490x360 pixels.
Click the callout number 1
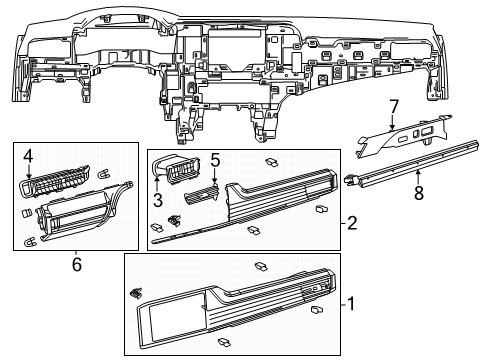pyautogui.click(x=351, y=304)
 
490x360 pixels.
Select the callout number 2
pyautogui.click(x=352, y=223)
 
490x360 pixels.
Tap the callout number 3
pyautogui.click(x=158, y=200)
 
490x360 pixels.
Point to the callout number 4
pyautogui.click(x=28, y=156)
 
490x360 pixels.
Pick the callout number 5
pyautogui.click(x=215, y=161)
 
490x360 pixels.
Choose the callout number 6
pyautogui.click(x=77, y=265)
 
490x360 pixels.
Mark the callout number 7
pyautogui.click(x=394, y=107)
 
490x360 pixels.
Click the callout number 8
pyautogui.click(x=419, y=193)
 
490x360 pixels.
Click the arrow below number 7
pyautogui.click(x=392, y=122)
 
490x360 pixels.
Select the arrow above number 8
pyautogui.click(x=417, y=177)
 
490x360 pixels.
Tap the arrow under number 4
pyautogui.click(x=28, y=173)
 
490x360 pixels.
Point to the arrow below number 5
pyautogui.click(x=215, y=176)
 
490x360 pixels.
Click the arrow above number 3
pyautogui.click(x=156, y=185)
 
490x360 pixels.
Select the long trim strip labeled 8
pyautogui.click(x=412, y=162)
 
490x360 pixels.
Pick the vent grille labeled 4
pyautogui.click(x=55, y=181)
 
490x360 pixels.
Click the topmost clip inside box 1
pyautogui.click(x=261, y=266)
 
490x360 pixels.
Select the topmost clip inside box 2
pyautogui.click(x=272, y=162)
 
